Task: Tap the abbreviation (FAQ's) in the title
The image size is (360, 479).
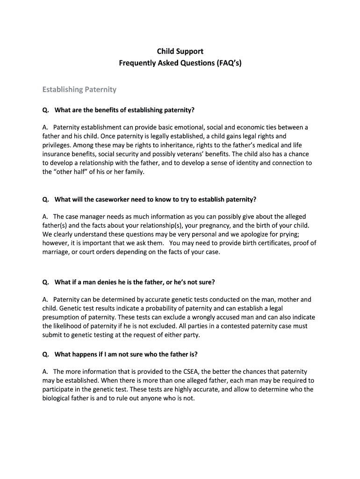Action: tap(227, 62)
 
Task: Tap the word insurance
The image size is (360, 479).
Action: tap(57, 154)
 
